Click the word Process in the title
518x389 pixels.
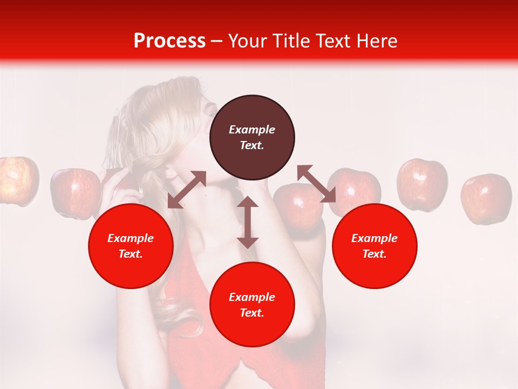(169, 41)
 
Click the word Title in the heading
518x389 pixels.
(291, 41)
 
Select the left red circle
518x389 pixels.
(131, 246)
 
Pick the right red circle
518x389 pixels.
(374, 246)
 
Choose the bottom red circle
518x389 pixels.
(252, 305)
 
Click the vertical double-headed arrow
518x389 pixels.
(248, 222)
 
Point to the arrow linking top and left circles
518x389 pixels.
(187, 190)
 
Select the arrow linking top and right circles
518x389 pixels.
(316, 184)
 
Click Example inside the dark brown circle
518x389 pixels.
(252, 130)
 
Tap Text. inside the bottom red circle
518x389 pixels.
(252, 313)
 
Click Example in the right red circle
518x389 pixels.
(374, 238)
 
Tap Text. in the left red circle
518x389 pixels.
(131, 254)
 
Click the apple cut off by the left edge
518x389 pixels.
(17, 180)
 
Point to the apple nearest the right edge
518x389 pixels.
(486, 199)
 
